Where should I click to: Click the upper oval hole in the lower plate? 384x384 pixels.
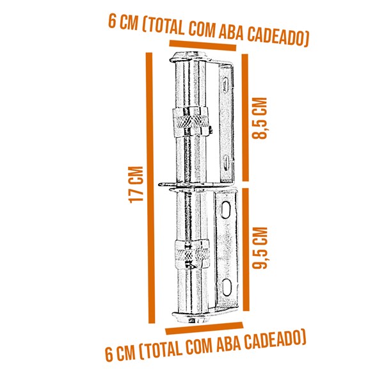coord(227,209)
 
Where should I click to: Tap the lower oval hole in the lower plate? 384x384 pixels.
coord(227,285)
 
